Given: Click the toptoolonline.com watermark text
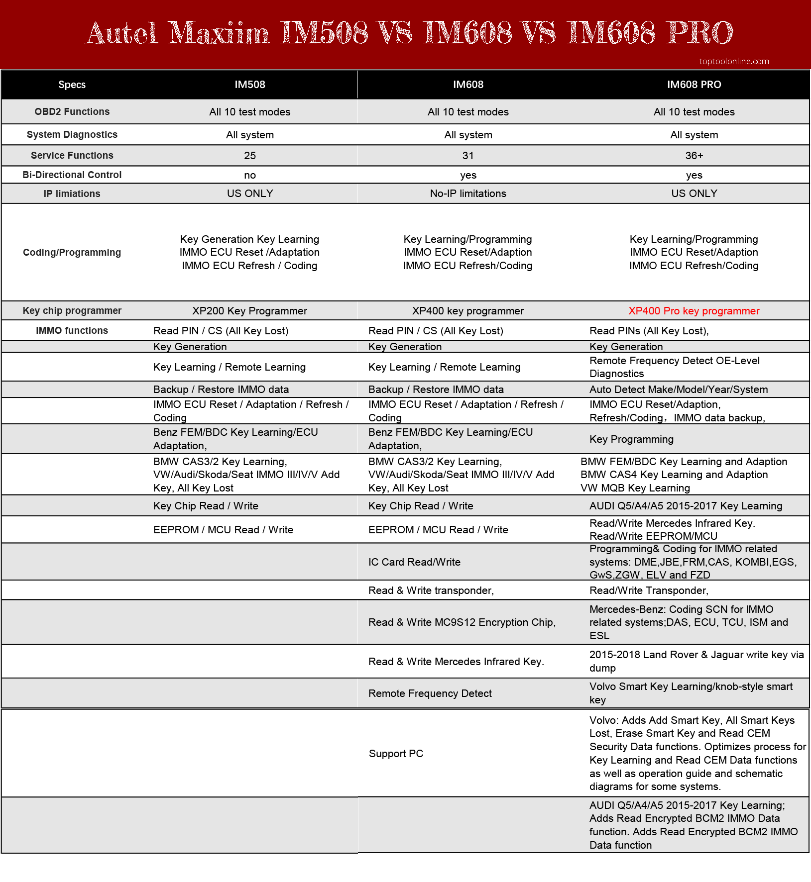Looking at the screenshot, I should (734, 61).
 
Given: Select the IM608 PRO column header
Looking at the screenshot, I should (694, 85).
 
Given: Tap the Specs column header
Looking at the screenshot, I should (72, 85).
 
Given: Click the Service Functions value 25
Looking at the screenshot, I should (250, 156).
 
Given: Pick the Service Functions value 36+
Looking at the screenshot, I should (694, 156).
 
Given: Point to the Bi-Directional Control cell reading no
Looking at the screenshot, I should (250, 175).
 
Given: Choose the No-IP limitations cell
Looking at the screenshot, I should (468, 194).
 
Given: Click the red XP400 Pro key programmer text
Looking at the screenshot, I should (694, 311).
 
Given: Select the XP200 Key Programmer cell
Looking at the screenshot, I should (250, 311).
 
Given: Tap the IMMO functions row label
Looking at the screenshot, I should (72, 330).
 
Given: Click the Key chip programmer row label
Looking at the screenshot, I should (72, 310).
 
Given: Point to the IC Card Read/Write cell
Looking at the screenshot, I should (414, 562).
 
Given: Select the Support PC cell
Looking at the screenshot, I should (396, 754).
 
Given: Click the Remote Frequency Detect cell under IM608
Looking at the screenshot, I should (430, 693).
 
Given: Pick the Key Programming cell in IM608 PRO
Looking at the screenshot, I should (631, 439).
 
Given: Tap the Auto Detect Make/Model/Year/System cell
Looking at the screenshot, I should (679, 390).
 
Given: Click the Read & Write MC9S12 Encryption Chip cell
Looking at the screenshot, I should (462, 622).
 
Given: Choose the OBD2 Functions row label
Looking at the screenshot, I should (72, 111).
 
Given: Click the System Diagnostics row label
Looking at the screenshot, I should (72, 134).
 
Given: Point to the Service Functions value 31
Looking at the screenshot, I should (468, 156).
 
